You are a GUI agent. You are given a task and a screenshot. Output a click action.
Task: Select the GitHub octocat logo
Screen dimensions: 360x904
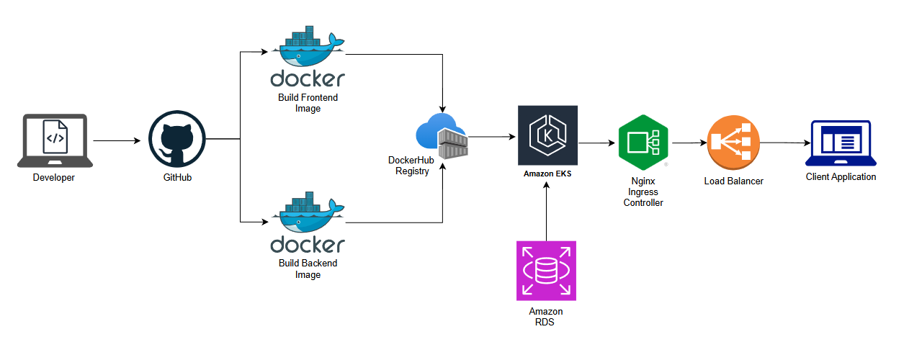(177, 140)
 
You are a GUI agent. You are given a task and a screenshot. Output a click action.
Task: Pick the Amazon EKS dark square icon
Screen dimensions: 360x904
(547, 135)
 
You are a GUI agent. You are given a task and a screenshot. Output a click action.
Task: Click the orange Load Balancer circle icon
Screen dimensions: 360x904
(733, 142)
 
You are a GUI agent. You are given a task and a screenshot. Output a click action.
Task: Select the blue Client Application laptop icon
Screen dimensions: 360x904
(841, 143)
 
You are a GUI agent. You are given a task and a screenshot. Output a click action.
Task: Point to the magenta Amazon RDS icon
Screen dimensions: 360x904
(546, 271)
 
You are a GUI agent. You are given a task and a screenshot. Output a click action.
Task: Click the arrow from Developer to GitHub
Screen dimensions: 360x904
(117, 141)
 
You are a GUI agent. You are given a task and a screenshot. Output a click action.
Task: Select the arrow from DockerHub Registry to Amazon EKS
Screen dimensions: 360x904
(491, 136)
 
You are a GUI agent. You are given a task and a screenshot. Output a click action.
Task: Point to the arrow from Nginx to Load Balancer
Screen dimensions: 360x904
(687, 143)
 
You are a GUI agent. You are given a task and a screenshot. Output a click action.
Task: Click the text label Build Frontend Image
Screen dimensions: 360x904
(308, 103)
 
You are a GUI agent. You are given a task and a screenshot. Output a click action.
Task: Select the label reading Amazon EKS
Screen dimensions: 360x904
(547, 174)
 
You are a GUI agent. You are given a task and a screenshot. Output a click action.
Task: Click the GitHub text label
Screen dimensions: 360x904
(176, 178)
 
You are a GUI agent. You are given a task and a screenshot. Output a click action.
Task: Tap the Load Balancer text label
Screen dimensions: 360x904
(733, 181)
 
